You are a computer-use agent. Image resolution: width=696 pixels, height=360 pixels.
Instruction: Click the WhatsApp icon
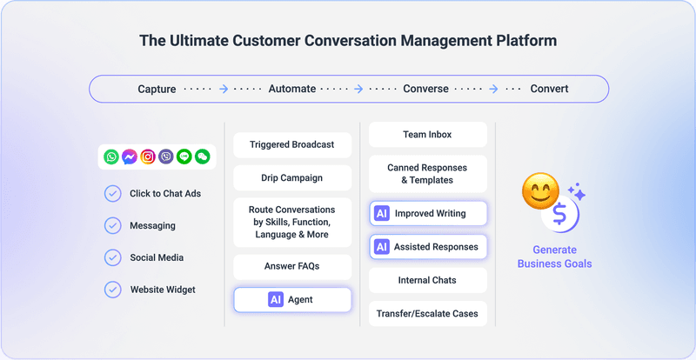pos(111,157)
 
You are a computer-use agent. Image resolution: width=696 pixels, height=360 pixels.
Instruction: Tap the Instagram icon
pos(148,157)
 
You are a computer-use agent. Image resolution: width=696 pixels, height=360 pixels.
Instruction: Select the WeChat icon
pos(203,157)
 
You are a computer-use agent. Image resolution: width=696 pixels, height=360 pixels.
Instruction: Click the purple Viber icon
pos(166,157)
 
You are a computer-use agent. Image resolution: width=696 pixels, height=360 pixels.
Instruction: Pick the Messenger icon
pos(130,157)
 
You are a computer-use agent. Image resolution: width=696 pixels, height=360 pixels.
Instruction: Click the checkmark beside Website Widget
pos(113,290)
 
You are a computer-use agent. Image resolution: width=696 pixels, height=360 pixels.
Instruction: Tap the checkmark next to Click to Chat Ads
pos(113,194)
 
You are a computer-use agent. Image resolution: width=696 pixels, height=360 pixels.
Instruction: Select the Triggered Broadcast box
pos(292,144)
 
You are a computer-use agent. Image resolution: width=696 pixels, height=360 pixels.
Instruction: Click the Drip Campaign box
pos(292,178)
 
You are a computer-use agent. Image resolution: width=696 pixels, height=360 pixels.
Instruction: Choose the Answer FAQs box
pos(292,266)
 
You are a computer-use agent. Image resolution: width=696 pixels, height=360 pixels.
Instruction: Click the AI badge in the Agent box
pos(276,300)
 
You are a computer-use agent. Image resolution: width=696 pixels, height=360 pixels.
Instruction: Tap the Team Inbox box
pos(428,135)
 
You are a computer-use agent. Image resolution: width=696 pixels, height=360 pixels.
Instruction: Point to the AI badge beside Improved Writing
pos(382,214)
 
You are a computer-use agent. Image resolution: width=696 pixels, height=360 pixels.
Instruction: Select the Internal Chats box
pos(428,280)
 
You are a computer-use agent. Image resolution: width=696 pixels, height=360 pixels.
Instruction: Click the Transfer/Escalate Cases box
pos(428,314)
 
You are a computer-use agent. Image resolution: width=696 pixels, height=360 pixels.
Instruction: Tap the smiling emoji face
pos(540,191)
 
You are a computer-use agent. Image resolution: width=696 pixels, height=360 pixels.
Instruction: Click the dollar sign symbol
pos(560,214)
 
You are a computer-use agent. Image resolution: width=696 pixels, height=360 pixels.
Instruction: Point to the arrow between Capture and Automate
pos(224,90)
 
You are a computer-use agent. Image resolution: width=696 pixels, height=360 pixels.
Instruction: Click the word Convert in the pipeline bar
pos(549,89)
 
